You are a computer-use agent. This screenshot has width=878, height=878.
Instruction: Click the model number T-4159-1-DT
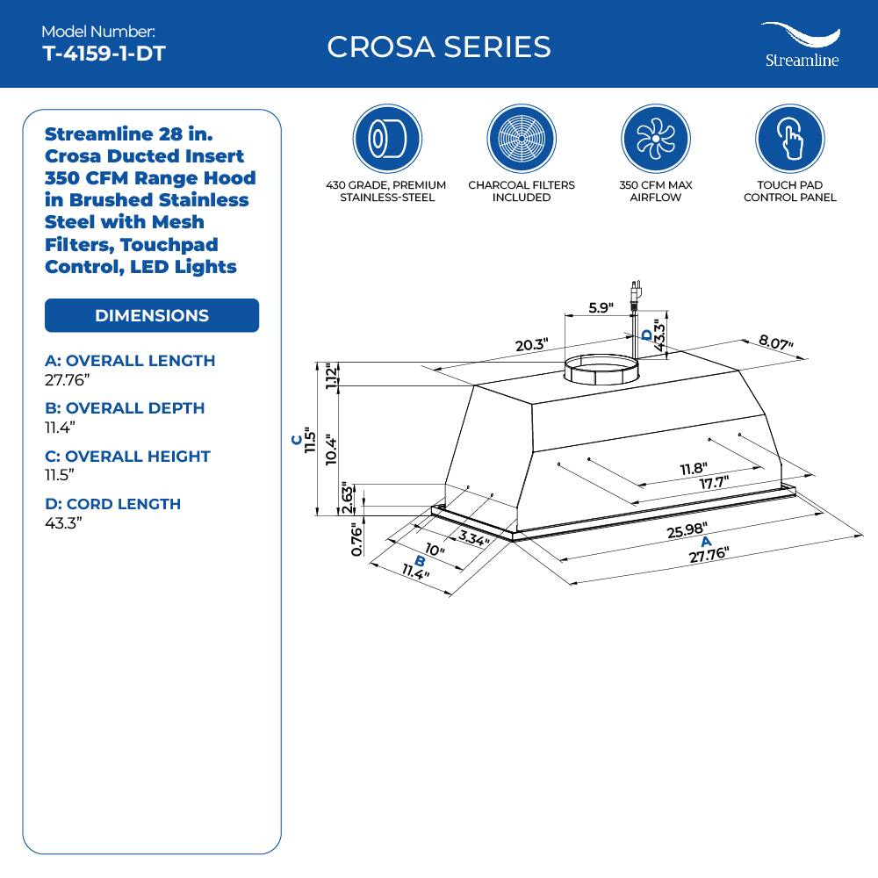pyautogui.click(x=104, y=54)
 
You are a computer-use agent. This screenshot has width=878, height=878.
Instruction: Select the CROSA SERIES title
pyautogui.click(x=439, y=47)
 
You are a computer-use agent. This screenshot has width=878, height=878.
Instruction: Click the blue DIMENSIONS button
pyautogui.click(x=152, y=315)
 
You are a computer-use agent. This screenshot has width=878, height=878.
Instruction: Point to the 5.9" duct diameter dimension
pyautogui.click(x=600, y=307)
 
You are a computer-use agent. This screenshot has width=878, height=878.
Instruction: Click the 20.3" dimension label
pyautogui.click(x=531, y=345)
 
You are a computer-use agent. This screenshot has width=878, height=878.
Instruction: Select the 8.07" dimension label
pyautogui.click(x=775, y=342)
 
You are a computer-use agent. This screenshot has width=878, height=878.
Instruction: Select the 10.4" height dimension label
pyautogui.click(x=332, y=450)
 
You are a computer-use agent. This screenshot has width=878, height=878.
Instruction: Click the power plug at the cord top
pyautogui.click(x=634, y=290)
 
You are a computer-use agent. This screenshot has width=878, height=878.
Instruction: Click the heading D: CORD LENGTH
pyautogui.click(x=112, y=503)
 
